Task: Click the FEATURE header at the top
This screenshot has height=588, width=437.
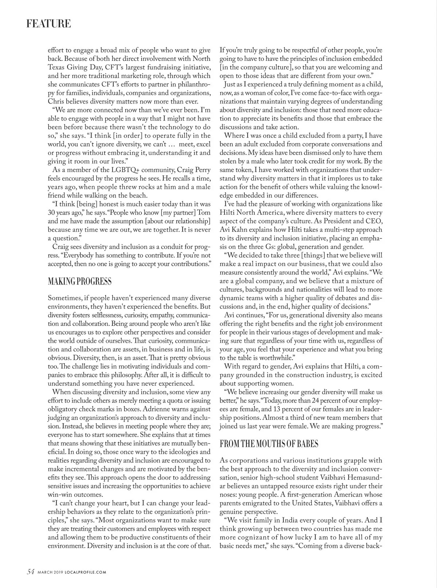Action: pos(48,24)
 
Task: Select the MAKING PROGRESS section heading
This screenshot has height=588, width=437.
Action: pos(80,281)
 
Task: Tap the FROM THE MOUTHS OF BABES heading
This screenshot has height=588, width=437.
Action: pos(269,444)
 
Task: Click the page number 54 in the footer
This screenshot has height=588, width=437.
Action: pos(31,572)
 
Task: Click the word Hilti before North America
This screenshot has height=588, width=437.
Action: pos(228,213)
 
